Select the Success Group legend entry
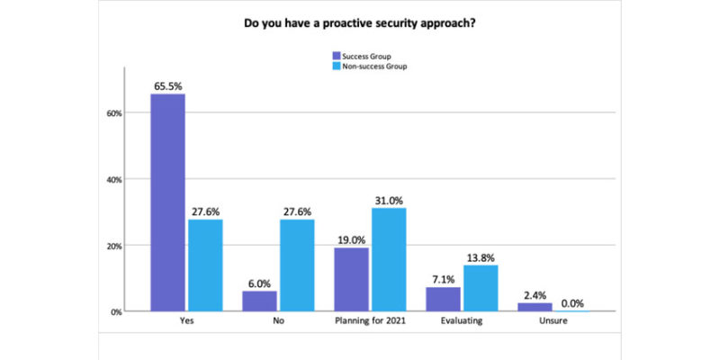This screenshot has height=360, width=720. tap(359, 56)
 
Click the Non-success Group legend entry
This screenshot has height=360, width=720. tap(364, 66)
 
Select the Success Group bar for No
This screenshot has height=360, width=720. tap(259, 301)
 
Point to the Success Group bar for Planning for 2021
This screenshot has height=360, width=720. tap(351, 280)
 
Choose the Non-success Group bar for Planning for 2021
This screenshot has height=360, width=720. tap(388, 260)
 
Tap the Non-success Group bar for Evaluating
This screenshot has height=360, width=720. tap(480, 288)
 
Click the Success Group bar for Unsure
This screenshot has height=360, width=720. tap(535, 307)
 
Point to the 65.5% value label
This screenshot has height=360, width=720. tap(167, 85)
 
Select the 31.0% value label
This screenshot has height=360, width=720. tap(388, 200)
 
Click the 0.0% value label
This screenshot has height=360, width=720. tap(571, 302)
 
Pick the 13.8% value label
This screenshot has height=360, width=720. tap(480, 256)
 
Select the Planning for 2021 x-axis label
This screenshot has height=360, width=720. tap(369, 322)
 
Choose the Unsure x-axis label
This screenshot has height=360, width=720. tap(553, 322)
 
